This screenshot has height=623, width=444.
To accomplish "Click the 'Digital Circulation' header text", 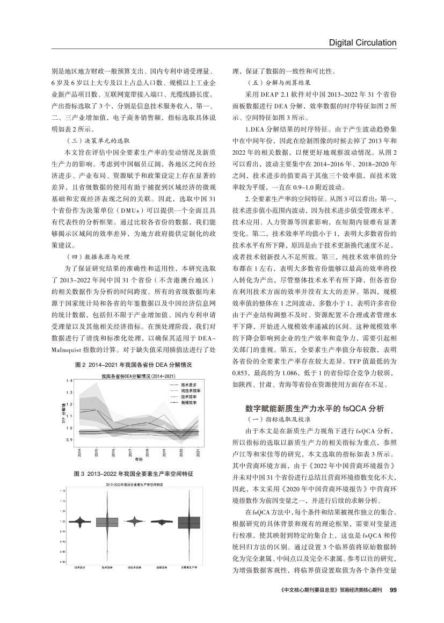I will [x=362, y=42].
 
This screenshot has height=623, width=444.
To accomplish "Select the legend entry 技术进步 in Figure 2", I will [x=188, y=385].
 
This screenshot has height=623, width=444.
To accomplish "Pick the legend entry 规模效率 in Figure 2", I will [x=188, y=401].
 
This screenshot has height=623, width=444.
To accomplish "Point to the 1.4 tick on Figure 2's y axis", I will [x=69, y=380].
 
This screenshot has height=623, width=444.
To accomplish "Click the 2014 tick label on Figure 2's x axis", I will [x=79, y=453].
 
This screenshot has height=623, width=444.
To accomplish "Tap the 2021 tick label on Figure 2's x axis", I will [x=199, y=453].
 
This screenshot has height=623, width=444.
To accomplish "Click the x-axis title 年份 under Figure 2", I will [x=139, y=460].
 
